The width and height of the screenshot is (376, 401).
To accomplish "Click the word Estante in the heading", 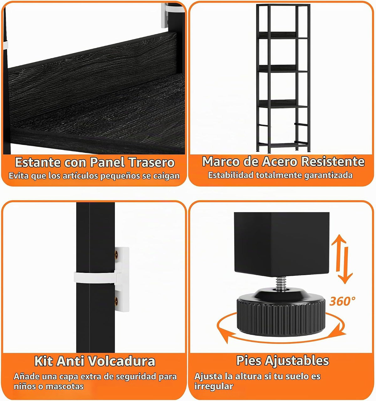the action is [x=38, y=162].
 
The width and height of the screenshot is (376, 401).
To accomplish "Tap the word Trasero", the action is [x=152, y=162].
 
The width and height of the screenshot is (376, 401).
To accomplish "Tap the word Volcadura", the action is [x=122, y=361].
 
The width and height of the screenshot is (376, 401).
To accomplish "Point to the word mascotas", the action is [x=65, y=386].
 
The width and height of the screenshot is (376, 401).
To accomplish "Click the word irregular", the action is [x=214, y=386].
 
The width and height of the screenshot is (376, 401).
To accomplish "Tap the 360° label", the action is [x=342, y=301].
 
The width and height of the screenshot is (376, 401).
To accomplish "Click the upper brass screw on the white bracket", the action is [x=116, y=254].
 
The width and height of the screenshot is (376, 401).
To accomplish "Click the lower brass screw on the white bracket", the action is [x=116, y=301].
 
